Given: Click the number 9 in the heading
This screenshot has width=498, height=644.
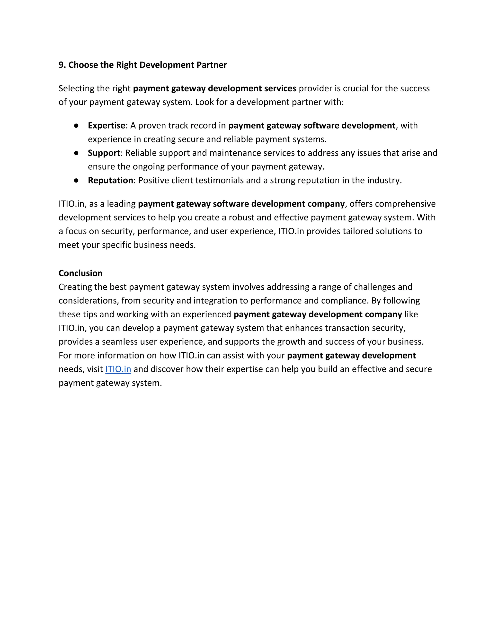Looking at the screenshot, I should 61,65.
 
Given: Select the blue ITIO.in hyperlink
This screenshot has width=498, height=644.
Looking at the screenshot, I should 118,369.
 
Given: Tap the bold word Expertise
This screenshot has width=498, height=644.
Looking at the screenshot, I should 107,126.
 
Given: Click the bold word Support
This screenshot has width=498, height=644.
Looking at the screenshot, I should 104,153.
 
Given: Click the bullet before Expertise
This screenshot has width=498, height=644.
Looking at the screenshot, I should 76,126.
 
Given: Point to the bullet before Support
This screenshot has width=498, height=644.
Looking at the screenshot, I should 76,153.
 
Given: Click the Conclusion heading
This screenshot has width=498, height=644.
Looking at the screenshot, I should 80,273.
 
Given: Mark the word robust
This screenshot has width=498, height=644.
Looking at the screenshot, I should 242,218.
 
